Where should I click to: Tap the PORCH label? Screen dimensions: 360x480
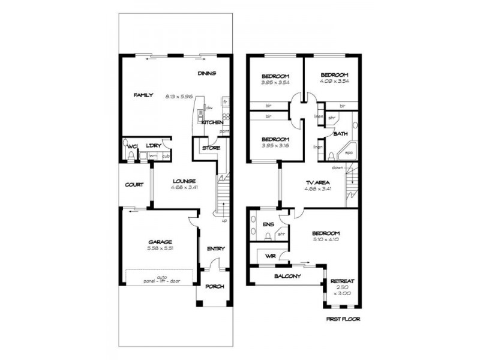[215, 287]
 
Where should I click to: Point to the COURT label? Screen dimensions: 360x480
[134, 185]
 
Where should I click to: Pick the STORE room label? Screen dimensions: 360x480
[211, 148]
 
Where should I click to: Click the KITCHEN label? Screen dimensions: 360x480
[212, 122]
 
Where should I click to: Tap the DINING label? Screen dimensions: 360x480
[206, 73]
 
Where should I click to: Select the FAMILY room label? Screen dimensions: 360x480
[143, 95]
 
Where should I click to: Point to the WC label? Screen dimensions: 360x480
[130, 146]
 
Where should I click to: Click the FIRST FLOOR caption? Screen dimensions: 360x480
[343, 319]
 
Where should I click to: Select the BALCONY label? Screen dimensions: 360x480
[287, 277]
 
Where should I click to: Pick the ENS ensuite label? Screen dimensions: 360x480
[268, 224]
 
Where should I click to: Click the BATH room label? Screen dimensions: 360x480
[340, 134]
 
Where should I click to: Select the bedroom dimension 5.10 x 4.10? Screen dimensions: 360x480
[326, 239]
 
